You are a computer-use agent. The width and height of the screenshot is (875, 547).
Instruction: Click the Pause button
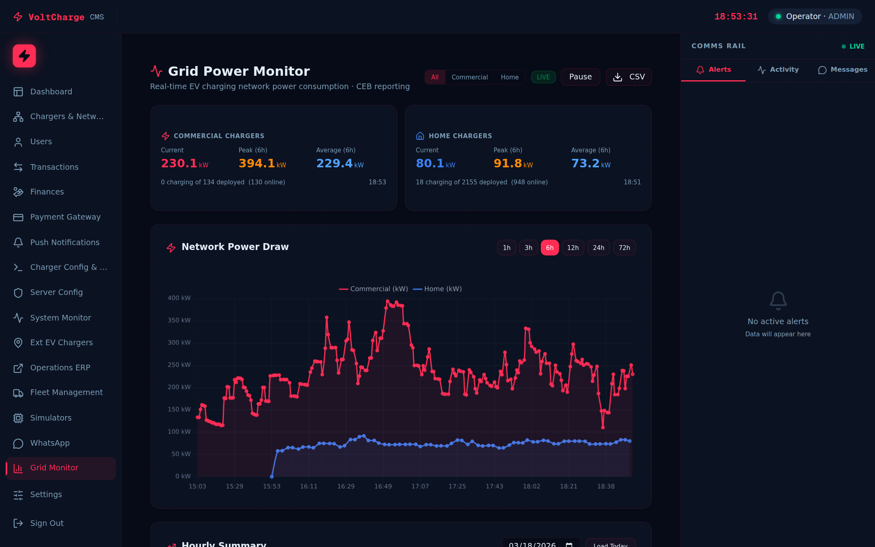[580, 77]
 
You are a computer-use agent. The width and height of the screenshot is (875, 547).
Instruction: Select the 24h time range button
[598, 248]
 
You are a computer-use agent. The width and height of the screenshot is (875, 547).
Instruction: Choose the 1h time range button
[506, 248]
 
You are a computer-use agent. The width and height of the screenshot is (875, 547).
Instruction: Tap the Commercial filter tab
[470, 77]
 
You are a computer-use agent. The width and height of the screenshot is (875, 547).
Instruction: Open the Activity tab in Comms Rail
[778, 70]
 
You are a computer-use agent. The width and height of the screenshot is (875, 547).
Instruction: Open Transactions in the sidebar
[54, 167]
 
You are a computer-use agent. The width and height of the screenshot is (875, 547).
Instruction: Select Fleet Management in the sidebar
[66, 392]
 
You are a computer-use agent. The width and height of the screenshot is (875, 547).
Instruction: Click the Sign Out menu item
[47, 523]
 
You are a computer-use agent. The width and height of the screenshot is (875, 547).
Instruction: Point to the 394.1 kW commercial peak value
[262, 163]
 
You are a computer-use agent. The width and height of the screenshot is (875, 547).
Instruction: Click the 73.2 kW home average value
[590, 163]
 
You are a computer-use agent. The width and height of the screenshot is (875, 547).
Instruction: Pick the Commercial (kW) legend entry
[373, 289]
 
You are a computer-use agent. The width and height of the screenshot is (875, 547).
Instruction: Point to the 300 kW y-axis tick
[179, 342]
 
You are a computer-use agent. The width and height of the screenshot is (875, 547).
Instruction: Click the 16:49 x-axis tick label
[383, 486]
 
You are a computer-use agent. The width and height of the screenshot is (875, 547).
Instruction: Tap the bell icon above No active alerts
[778, 301]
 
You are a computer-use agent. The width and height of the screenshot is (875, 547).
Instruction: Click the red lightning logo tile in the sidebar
[24, 56]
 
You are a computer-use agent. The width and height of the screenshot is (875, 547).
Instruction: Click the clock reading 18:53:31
[736, 17]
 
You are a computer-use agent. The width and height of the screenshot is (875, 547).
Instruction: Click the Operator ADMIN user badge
[815, 17]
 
